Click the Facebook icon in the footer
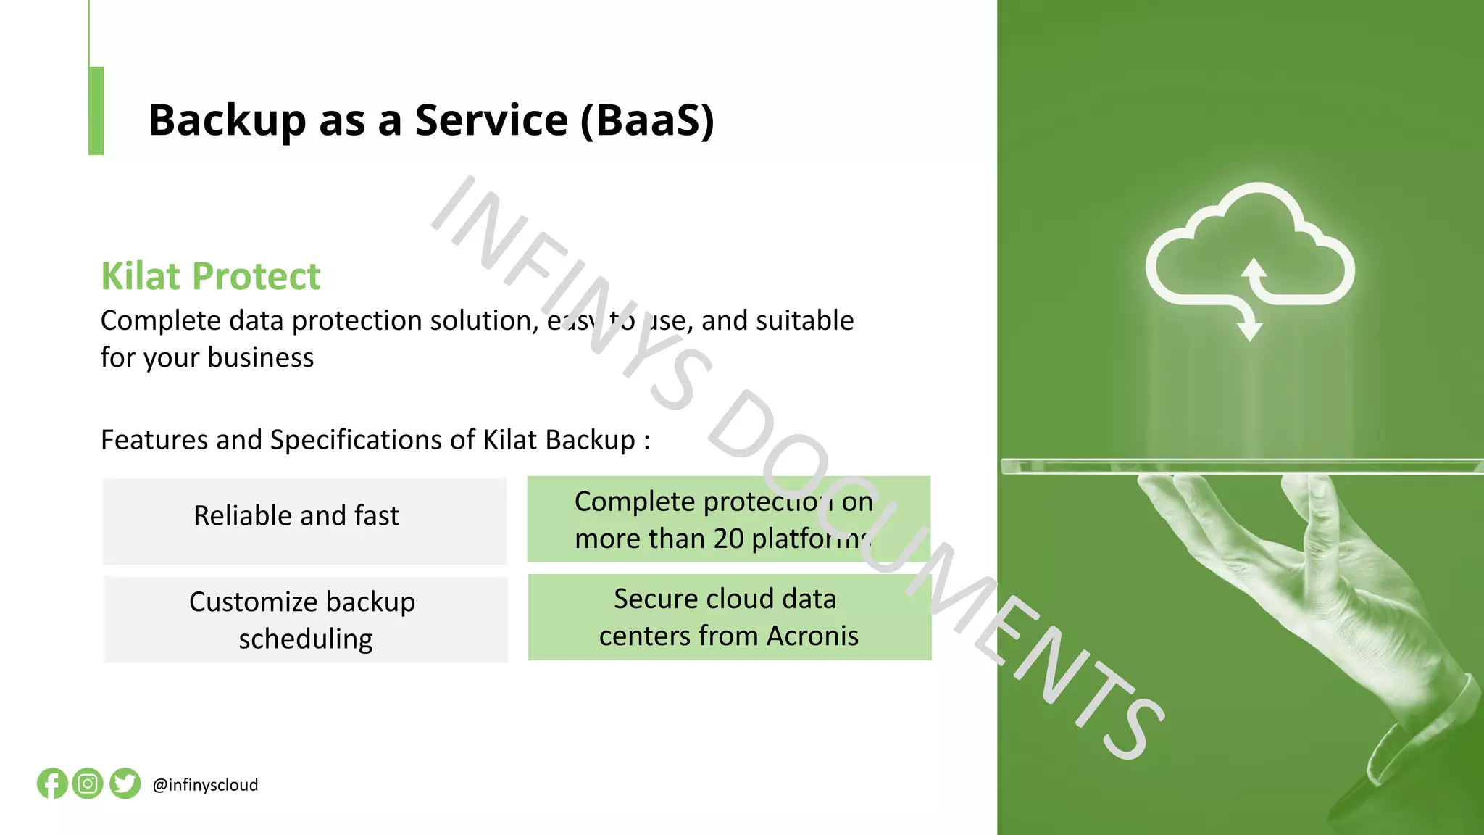[52, 784]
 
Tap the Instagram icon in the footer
[88, 784]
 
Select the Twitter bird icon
[125, 784]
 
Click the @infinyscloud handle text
[205, 785]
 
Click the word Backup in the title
[227, 120]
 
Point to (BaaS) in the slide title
[647, 120]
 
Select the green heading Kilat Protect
[210, 276]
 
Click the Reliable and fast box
[304, 520]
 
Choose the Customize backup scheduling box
[304, 620]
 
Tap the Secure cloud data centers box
[729, 617]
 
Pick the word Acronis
[812, 636]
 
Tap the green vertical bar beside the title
[96, 111]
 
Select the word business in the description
[260, 358]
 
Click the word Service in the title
[491, 120]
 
